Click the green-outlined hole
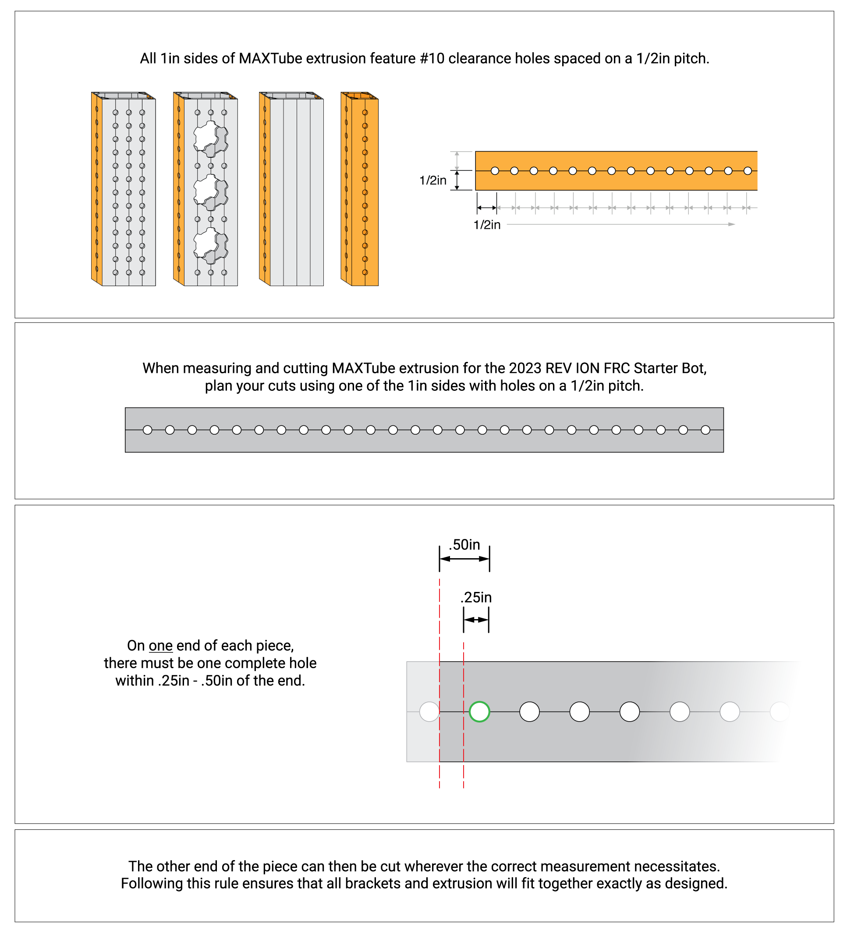[479, 712]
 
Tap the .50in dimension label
[464, 545]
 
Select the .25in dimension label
[476, 597]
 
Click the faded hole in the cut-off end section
[429, 712]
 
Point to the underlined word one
[160, 645]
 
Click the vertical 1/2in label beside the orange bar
[432, 181]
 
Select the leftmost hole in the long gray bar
[148, 430]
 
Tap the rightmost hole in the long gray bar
[705, 430]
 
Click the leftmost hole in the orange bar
[495, 171]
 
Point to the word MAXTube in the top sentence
[270, 59]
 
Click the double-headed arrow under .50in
[464, 559]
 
